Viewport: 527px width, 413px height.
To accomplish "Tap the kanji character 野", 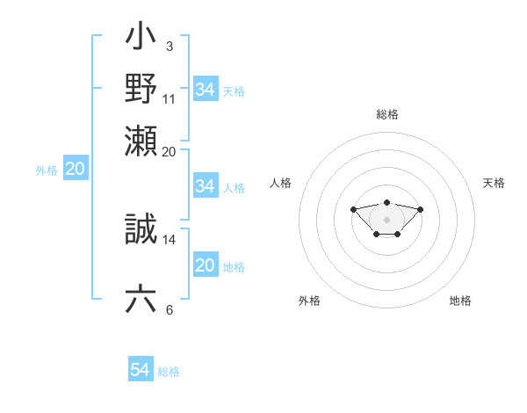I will pos(141,88).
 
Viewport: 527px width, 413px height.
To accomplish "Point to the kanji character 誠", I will pos(141,229).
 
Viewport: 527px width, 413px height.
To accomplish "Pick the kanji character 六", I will pos(141,299).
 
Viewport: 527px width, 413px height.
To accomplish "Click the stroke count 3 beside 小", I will pos(169,46).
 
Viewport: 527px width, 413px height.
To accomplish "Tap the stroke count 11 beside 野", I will pos(170,98).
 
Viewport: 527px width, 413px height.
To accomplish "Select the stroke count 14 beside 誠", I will pos(170,239).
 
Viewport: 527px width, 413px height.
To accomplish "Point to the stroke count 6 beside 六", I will pos(169,309).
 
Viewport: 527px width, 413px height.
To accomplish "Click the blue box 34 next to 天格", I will pos(205,90).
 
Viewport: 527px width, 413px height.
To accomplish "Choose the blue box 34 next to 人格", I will pos(205,186).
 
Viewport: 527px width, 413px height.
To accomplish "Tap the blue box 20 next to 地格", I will pos(205,265).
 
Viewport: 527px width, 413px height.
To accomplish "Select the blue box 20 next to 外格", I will pos(75,170).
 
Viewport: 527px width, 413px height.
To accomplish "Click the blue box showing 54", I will pos(140,370).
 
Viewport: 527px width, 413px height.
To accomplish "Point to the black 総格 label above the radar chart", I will pos(386,114).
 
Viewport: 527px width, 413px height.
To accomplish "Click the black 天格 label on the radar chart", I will pos(494,183).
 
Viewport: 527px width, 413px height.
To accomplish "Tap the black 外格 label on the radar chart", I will pos(309,301).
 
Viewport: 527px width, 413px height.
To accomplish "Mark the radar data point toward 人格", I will pos(353,209).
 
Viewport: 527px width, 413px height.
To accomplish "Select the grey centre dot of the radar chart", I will pos(386,219).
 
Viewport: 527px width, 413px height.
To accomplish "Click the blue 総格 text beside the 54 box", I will pos(169,372).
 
